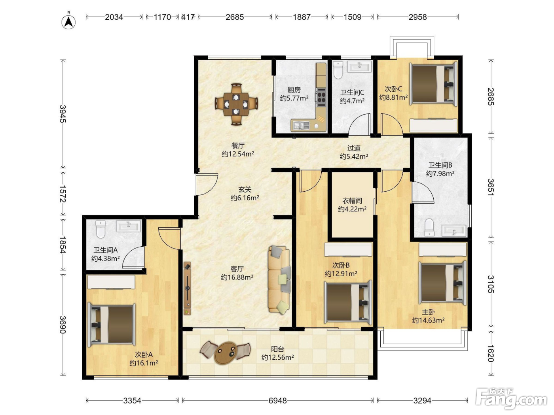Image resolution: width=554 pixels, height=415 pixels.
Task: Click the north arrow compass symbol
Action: tap(68, 22)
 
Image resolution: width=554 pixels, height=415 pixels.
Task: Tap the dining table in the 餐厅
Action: tap(236, 104)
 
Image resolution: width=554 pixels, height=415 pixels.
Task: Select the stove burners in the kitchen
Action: tap(321, 97)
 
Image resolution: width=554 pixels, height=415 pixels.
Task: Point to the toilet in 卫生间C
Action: tap(338, 70)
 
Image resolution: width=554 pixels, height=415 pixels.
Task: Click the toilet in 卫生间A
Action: tap(101, 229)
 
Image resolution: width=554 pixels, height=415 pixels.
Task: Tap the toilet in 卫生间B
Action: tap(429, 228)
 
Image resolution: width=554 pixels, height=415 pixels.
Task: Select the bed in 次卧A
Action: tap(111, 324)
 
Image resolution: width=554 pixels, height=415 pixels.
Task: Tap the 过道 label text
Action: tap(354, 148)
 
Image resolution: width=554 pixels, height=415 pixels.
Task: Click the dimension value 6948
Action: tap(278, 400)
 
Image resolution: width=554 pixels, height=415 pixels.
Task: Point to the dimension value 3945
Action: tap(63, 114)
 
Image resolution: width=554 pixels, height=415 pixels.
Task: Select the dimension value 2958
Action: tap(418, 17)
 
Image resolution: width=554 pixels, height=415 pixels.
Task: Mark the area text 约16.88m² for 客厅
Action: tap(237, 277)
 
